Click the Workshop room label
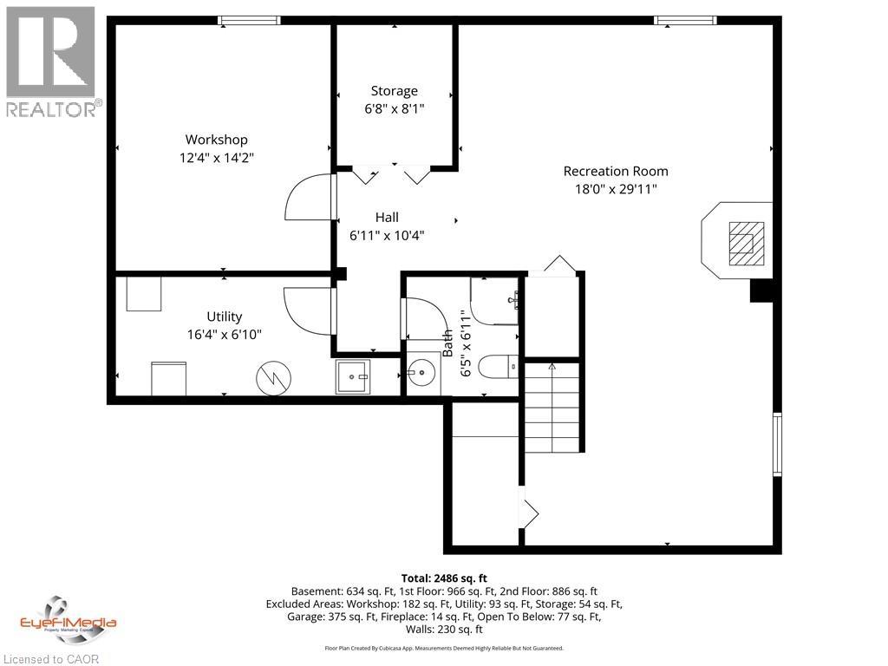pos(216,140)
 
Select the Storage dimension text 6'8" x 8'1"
pos(395,108)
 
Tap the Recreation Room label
pos(616,171)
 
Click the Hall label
pos(387,217)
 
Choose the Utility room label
pos(224,317)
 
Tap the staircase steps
pos(552,407)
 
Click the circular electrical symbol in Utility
pos(273,376)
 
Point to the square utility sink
pos(353,376)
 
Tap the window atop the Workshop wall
pos(249,20)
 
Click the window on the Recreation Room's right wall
pos(777,444)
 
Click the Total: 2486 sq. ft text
pos(444,578)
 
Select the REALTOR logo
pos(51,62)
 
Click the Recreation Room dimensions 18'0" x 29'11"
pos(616,189)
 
